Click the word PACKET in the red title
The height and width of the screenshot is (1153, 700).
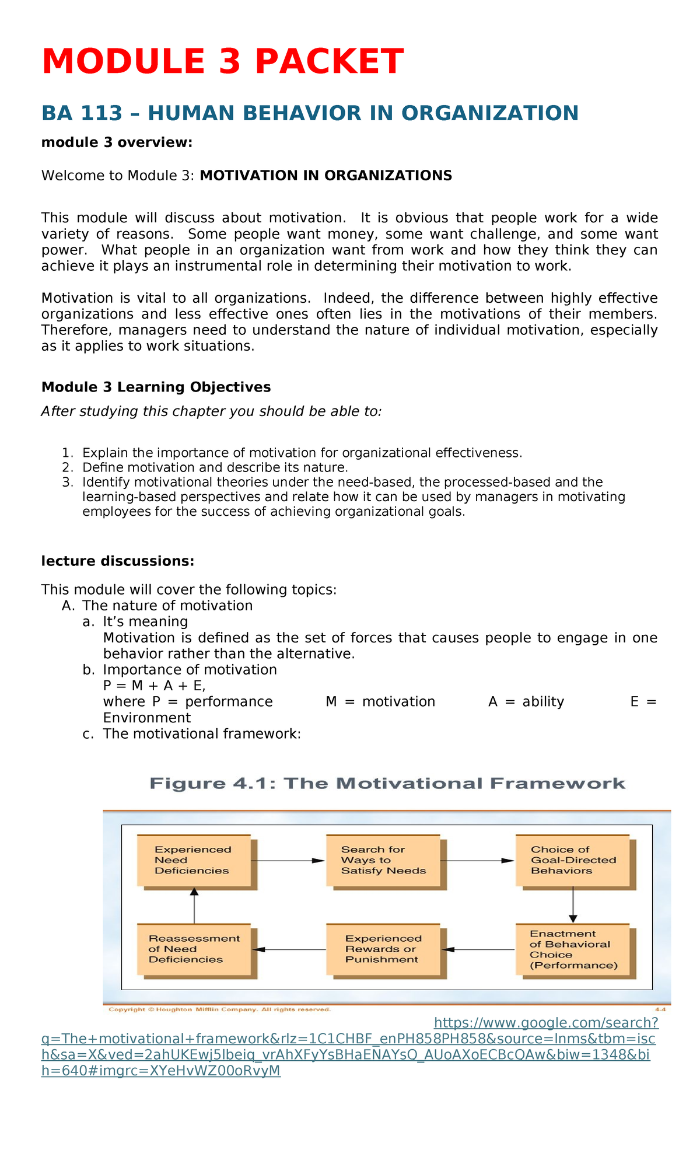point(329,62)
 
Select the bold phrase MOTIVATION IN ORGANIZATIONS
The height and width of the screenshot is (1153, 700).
point(325,176)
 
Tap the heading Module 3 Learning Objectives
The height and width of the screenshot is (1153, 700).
point(156,387)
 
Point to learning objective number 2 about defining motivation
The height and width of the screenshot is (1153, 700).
point(215,467)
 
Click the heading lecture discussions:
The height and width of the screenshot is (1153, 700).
point(117,561)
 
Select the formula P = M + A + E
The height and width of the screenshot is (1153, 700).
point(154,686)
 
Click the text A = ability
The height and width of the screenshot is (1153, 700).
point(526,702)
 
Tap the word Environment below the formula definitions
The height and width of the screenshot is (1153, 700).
point(146,718)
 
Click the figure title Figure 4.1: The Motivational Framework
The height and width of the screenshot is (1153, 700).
point(387,784)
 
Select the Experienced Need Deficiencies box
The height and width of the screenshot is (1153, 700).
point(194,860)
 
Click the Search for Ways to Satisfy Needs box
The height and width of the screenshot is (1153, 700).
point(383,860)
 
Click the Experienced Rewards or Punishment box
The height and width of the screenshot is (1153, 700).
point(383,949)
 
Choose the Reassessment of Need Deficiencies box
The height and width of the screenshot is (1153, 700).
point(194,949)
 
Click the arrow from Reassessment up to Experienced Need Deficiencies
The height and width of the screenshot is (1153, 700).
point(194,906)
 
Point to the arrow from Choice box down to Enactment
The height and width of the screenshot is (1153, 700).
point(573,904)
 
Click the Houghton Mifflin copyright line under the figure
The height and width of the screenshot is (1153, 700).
point(220,1009)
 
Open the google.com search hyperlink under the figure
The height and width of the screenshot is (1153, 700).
point(546,1023)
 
